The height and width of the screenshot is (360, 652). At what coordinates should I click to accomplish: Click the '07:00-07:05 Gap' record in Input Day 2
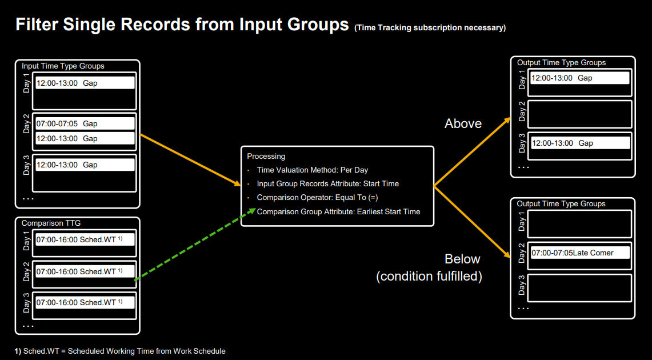tap(85, 123)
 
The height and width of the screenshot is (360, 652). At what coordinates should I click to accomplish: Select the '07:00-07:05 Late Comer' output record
tap(580, 253)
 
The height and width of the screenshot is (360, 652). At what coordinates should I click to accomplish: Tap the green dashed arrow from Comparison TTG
tap(195, 245)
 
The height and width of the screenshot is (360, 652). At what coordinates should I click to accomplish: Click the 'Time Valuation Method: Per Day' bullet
tap(312, 170)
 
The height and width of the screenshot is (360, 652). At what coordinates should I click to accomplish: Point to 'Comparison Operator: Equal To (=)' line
tap(317, 198)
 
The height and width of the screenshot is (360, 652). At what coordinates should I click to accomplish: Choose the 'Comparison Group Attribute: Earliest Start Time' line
tap(338, 211)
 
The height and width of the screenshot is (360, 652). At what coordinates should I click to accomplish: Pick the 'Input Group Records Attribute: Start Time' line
tap(327, 184)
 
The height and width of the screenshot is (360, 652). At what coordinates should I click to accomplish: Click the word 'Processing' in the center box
tap(266, 157)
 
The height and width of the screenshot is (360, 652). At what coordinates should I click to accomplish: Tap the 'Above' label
tap(463, 123)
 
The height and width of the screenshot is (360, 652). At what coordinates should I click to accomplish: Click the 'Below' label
tap(462, 259)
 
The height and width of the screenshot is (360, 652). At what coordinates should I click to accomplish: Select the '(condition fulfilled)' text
tap(429, 277)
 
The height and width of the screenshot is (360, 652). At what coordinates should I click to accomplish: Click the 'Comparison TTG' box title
tap(51, 223)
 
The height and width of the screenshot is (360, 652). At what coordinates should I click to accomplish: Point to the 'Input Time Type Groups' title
tap(63, 66)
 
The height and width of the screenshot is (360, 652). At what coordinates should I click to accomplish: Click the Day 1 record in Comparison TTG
tap(85, 239)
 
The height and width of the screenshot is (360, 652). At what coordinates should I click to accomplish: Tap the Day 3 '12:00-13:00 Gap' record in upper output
tap(580, 143)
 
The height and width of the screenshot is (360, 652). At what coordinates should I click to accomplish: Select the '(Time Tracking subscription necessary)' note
tap(430, 28)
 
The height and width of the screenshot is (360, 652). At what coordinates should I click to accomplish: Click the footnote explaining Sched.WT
tap(120, 351)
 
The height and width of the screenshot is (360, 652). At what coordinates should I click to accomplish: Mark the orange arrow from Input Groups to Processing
tap(190, 159)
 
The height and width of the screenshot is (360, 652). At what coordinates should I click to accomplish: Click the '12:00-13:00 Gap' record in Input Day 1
tap(85, 83)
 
